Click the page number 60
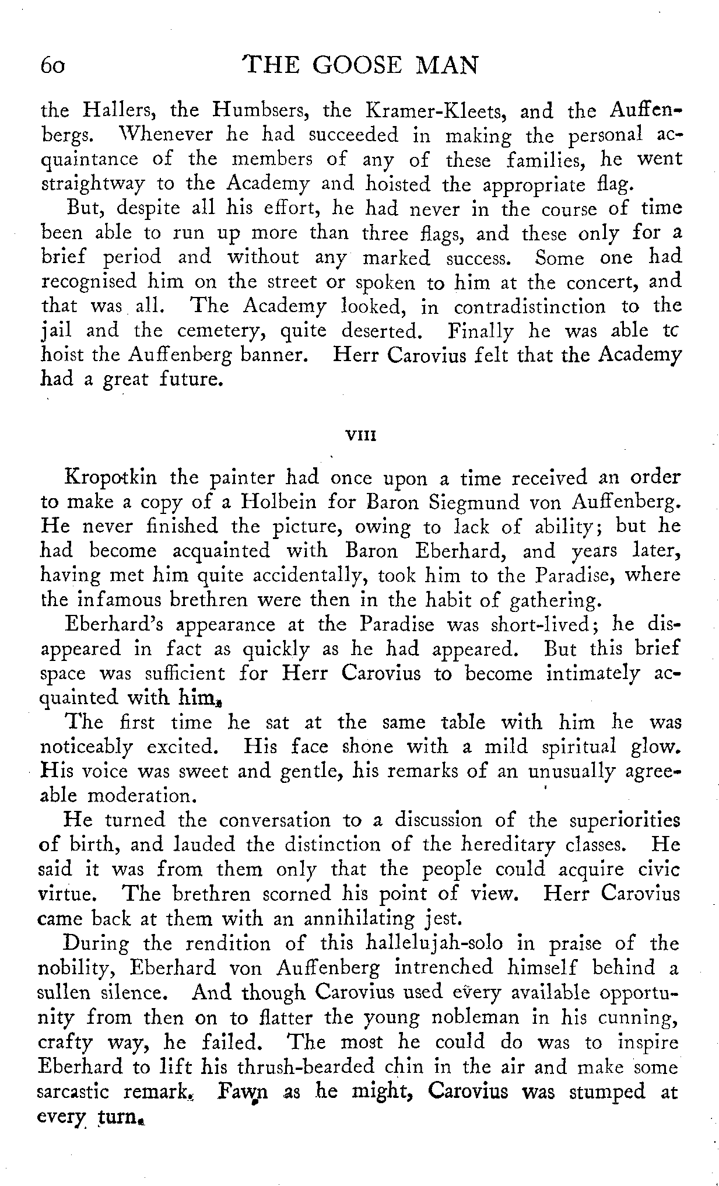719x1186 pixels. [55, 65]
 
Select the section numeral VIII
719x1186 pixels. [360, 435]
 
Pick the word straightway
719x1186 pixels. [93, 184]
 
